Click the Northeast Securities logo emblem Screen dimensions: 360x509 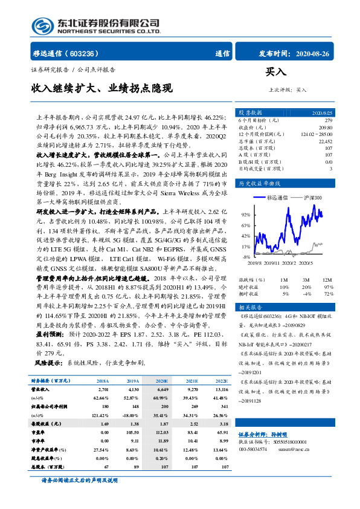(x=42, y=25)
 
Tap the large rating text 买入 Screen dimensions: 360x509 (x=275, y=72)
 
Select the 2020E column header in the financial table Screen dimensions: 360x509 (x=162, y=381)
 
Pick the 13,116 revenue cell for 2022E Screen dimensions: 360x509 (x=220, y=390)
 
